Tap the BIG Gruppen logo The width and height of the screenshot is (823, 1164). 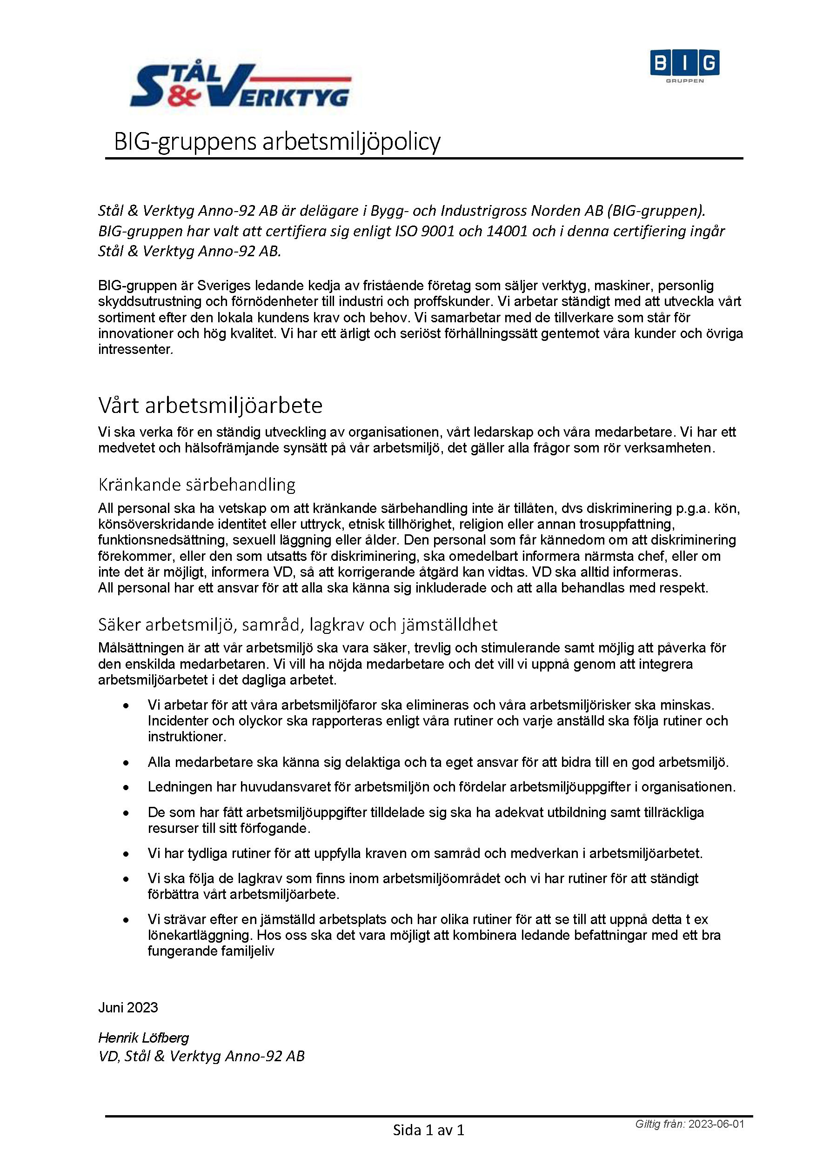(684, 66)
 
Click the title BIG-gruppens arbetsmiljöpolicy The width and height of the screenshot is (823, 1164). (277, 141)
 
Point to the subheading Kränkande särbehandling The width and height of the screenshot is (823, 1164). (197, 485)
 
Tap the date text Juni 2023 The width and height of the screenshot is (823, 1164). (128, 1007)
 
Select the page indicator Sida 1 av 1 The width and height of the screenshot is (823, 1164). (428, 1130)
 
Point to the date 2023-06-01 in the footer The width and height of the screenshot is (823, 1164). (716, 1124)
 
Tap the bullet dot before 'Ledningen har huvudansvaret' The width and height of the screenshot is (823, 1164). (126, 787)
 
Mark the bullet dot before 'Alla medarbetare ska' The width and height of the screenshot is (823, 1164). (126, 763)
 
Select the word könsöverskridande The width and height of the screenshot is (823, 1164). (163, 524)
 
